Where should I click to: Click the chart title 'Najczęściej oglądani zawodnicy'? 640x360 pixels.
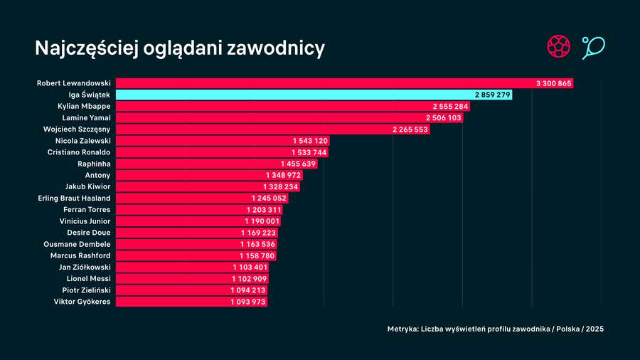tap(179, 48)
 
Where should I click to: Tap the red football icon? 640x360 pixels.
tap(558, 48)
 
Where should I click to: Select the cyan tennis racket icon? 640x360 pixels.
tap(592, 48)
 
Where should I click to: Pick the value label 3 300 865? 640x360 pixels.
tap(553, 83)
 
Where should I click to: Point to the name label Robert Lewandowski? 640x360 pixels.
tap(73, 83)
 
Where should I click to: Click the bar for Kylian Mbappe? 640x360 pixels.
tap(270, 106)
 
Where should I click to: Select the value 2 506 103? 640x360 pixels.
tap(444, 117)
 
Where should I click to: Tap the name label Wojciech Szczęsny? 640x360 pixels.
tap(77, 129)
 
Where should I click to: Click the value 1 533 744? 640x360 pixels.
tap(309, 152)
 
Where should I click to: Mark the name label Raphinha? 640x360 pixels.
tap(94, 164)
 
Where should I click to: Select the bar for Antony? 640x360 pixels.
tap(185, 175)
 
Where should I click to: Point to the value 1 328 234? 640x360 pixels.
tap(280, 186)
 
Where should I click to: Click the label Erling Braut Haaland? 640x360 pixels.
tap(75, 198)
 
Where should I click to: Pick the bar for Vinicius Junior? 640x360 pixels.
tap(178, 221)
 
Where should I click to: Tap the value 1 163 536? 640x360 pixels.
tap(257, 244)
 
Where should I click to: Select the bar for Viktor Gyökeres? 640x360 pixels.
tap(171, 302)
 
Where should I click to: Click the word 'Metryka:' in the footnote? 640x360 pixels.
tap(402, 329)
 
